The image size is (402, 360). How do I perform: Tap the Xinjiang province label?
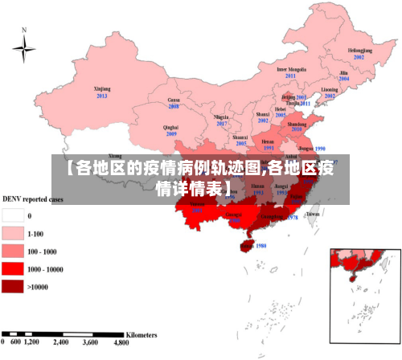point(102,89)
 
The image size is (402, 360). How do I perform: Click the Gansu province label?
point(174,100)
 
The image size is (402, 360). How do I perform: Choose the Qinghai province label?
point(170,127)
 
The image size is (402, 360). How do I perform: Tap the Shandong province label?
point(297,125)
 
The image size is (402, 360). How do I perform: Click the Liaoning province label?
point(330,89)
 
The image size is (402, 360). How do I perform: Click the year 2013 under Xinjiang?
point(102,96)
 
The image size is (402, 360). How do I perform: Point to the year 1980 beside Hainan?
point(260,246)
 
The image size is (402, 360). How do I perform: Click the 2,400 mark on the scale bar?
point(62,342)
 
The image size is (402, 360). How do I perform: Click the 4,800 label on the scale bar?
point(121,342)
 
